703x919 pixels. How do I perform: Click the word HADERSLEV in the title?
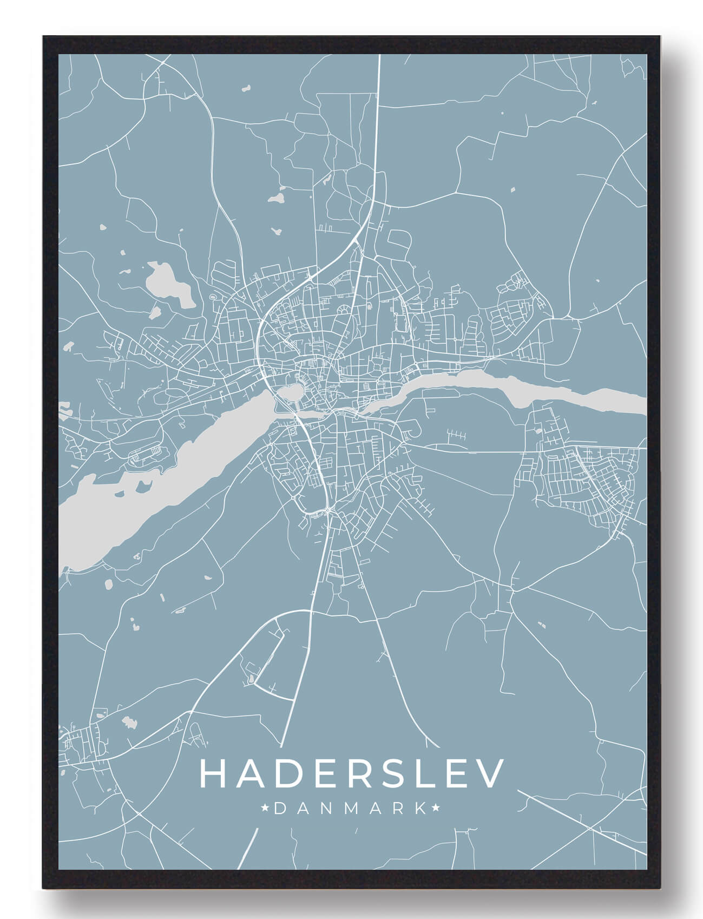point(352,773)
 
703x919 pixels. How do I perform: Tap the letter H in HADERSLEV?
point(213,773)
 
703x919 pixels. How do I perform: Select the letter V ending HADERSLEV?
point(491,773)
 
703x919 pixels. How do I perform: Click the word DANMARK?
point(352,809)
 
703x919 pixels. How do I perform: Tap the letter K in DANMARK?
point(419,809)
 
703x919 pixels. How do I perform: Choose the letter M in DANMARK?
point(352,809)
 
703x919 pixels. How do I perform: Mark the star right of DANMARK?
point(436,809)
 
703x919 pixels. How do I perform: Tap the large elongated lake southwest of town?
point(162,476)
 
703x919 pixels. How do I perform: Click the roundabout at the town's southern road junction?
point(328,511)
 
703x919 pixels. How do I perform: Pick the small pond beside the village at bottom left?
point(129,721)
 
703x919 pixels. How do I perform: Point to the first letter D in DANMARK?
point(281,809)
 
